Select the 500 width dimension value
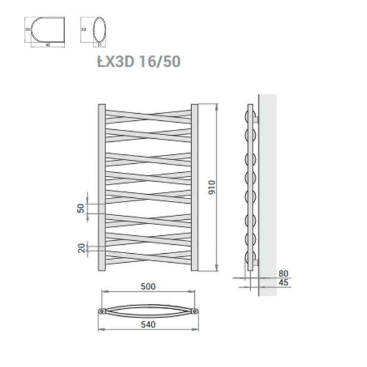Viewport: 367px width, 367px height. coord(148,286)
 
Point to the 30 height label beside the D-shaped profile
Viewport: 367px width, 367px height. coord(26,28)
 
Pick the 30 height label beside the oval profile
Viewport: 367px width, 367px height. coord(84,28)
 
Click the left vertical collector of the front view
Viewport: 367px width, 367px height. coord(101,188)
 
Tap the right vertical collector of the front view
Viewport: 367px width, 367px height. coord(195,188)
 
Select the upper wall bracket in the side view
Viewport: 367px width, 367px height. coord(257,120)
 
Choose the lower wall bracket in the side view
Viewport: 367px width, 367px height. coord(257,261)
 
